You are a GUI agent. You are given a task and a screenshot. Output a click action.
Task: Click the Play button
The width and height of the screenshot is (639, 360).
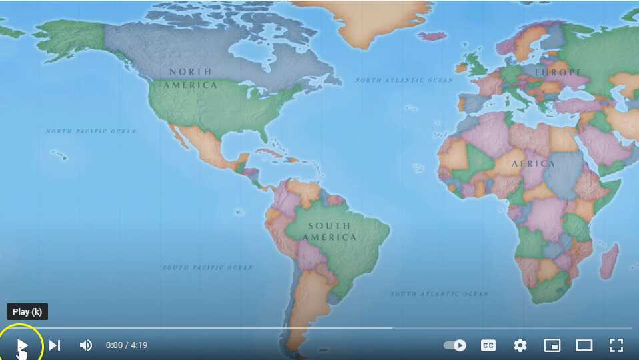22,345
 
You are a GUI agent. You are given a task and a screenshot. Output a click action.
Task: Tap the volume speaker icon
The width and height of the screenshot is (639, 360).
86,345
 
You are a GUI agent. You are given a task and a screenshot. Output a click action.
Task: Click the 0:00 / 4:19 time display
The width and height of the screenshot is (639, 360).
127,345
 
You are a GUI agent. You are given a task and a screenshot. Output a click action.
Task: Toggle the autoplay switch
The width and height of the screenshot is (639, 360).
455,345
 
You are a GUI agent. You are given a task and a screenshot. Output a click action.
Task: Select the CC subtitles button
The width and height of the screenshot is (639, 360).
488,345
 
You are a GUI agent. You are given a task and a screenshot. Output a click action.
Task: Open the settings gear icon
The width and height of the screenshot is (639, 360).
520,345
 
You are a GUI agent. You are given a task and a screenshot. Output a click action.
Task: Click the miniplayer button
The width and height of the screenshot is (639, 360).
552,345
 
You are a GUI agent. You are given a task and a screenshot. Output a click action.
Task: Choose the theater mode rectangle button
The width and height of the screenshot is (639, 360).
584,345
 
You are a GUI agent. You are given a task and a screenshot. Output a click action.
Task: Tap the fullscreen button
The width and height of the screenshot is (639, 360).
616,345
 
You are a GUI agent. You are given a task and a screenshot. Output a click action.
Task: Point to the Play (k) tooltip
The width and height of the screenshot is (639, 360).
27,311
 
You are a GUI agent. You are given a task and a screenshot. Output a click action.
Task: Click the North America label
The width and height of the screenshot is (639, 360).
191,78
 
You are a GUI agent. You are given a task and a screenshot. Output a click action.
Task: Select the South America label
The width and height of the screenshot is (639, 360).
329,231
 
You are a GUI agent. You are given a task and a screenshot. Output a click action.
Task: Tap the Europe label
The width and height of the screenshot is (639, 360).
558,72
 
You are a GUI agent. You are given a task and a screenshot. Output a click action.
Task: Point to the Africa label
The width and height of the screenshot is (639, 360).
533,163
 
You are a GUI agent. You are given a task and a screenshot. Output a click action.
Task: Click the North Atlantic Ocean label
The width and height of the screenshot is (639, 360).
404,80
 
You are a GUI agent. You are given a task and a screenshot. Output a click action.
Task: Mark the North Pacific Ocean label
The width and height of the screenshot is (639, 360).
91,131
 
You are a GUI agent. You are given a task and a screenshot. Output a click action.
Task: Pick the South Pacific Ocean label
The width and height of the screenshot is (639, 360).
208,267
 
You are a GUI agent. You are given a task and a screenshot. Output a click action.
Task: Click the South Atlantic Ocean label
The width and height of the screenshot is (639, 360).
439,293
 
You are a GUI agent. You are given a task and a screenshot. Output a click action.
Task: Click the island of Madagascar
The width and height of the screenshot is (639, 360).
608,261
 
